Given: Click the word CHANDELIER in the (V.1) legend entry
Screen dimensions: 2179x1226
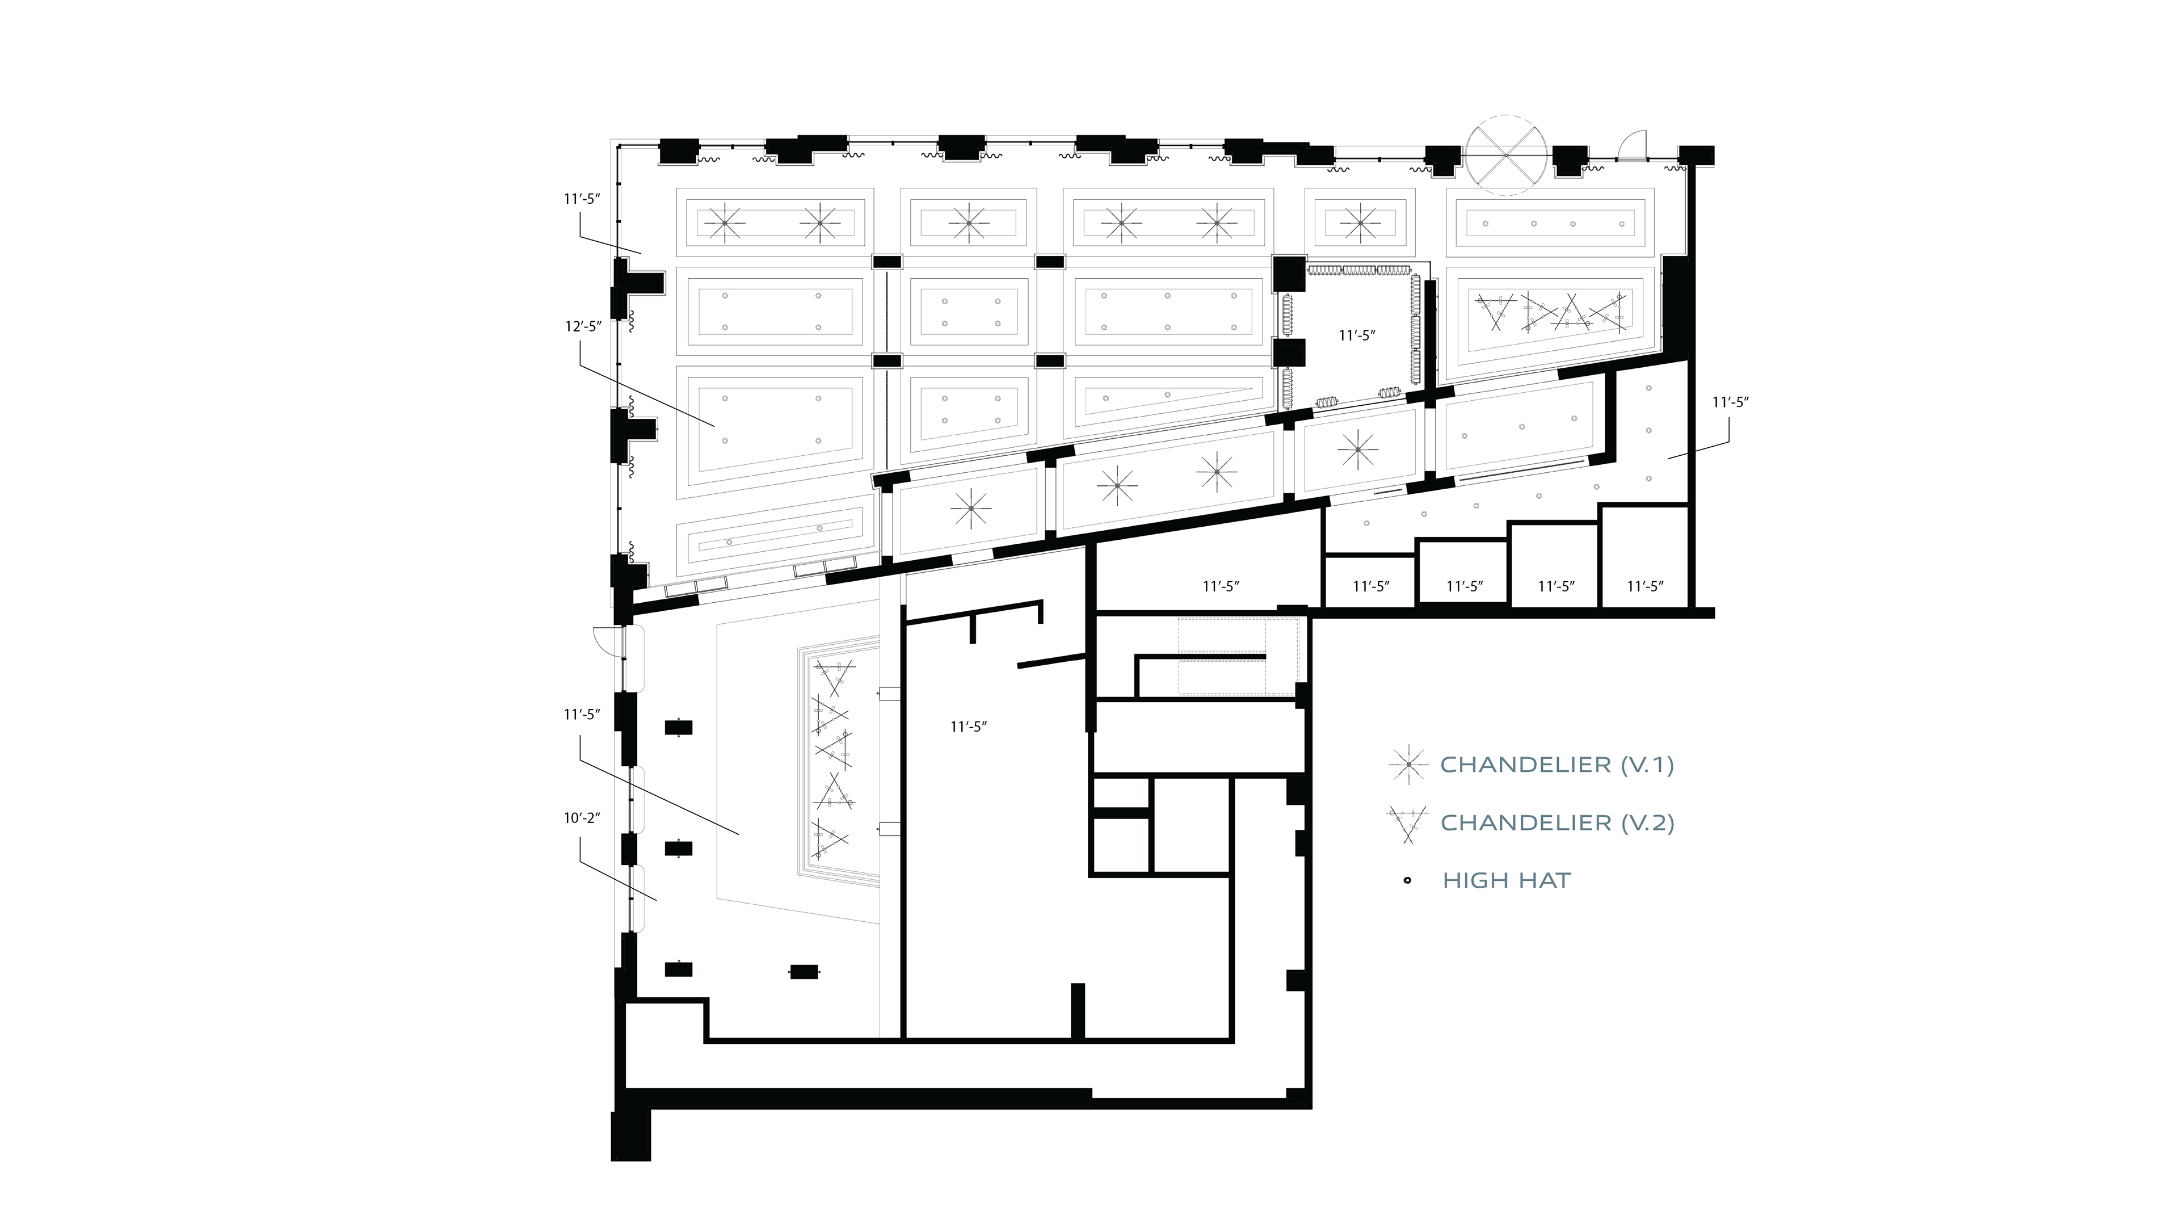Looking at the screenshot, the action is tap(1525, 765).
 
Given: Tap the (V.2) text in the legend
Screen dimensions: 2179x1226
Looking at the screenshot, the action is tap(1647, 822).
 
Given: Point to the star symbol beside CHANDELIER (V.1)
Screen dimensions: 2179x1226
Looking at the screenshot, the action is tap(1407, 765).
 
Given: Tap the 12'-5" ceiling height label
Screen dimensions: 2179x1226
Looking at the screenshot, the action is tap(583, 326).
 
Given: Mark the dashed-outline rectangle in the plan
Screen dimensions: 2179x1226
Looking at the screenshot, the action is tap(1238, 657).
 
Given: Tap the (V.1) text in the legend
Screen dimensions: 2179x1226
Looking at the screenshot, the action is tap(1646, 765).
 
